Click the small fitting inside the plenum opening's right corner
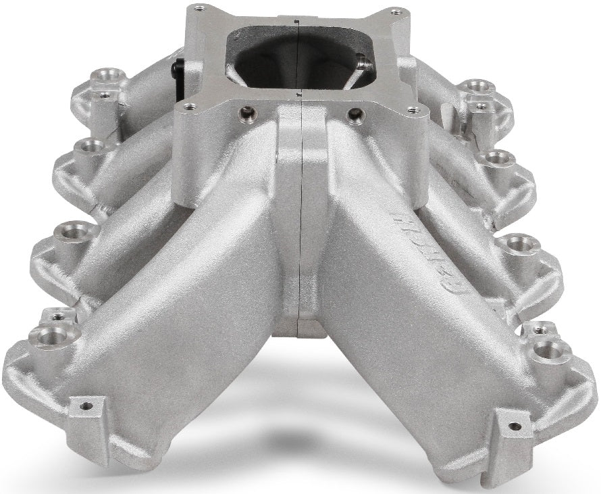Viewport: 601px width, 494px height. [x=365, y=64]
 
